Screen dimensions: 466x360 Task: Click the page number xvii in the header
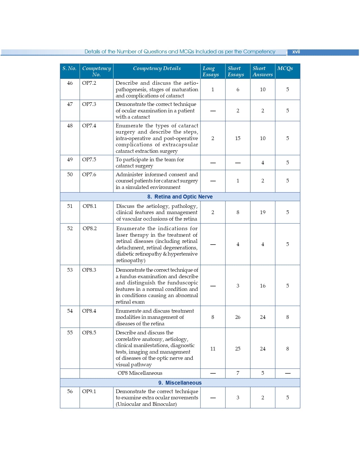click(x=296, y=52)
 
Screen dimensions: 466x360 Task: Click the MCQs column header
click(x=285, y=68)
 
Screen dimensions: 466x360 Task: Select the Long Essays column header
click(x=211, y=71)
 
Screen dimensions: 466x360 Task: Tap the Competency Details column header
click(x=157, y=68)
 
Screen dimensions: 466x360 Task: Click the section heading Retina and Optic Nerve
click(x=180, y=197)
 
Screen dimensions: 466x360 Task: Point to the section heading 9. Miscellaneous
click(x=180, y=383)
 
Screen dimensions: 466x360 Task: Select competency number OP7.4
click(x=89, y=126)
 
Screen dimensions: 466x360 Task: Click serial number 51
click(x=70, y=206)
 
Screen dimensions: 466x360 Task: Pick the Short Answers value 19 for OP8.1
click(x=263, y=212)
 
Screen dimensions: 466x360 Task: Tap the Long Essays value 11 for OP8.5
click(x=213, y=349)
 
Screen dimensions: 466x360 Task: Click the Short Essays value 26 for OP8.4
click(x=238, y=317)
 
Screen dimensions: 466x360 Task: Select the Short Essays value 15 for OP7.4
click(x=238, y=138)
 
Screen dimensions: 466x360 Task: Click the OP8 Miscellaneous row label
click(x=140, y=373)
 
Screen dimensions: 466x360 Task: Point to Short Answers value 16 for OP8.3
click(x=263, y=286)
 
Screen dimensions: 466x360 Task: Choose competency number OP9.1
click(x=89, y=391)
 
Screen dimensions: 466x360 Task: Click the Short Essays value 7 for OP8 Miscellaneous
click(x=238, y=373)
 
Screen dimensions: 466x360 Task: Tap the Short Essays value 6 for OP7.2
click(x=238, y=90)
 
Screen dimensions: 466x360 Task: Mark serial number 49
click(x=70, y=160)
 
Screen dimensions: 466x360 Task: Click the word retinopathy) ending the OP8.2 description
click(x=131, y=260)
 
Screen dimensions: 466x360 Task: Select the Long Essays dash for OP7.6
click(x=213, y=181)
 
